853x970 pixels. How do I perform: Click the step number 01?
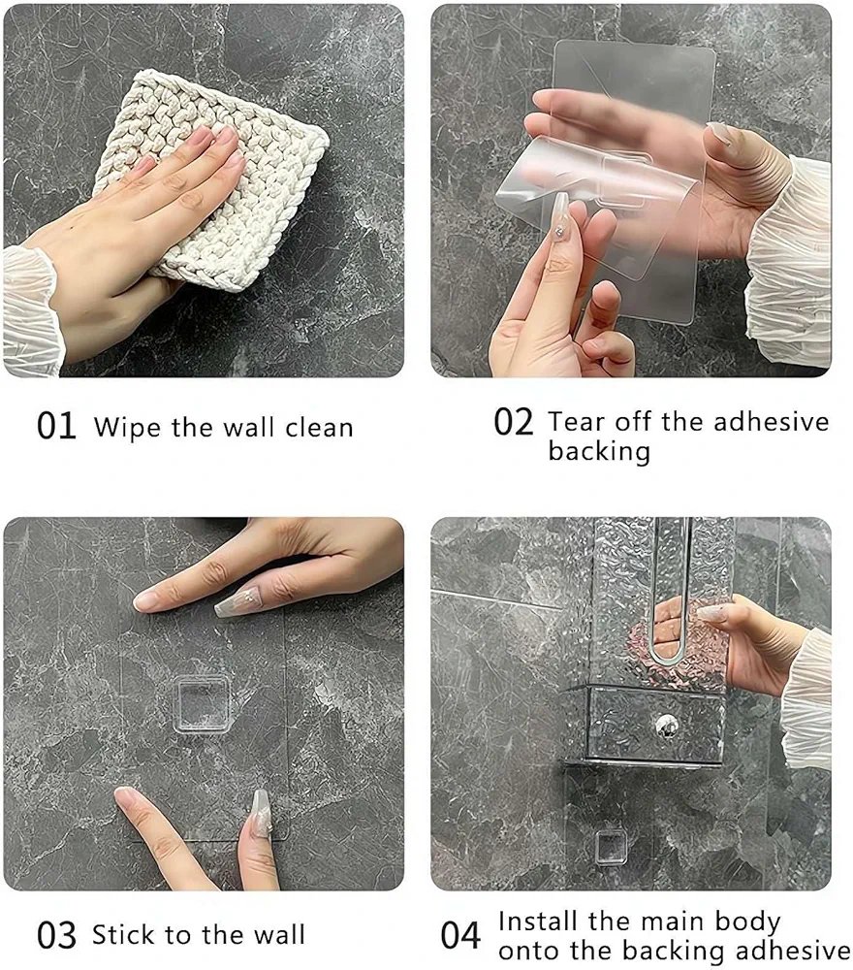click(56, 426)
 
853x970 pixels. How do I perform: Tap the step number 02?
click(513, 422)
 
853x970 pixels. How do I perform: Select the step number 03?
click(56, 935)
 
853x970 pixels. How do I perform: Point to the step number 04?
click(460, 935)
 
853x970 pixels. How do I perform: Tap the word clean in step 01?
click(320, 427)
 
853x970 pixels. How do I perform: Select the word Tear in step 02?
click(576, 422)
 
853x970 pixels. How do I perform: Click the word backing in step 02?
click(599, 452)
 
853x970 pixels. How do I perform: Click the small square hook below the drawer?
click(610, 845)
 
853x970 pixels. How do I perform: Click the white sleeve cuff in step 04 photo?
click(806, 699)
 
